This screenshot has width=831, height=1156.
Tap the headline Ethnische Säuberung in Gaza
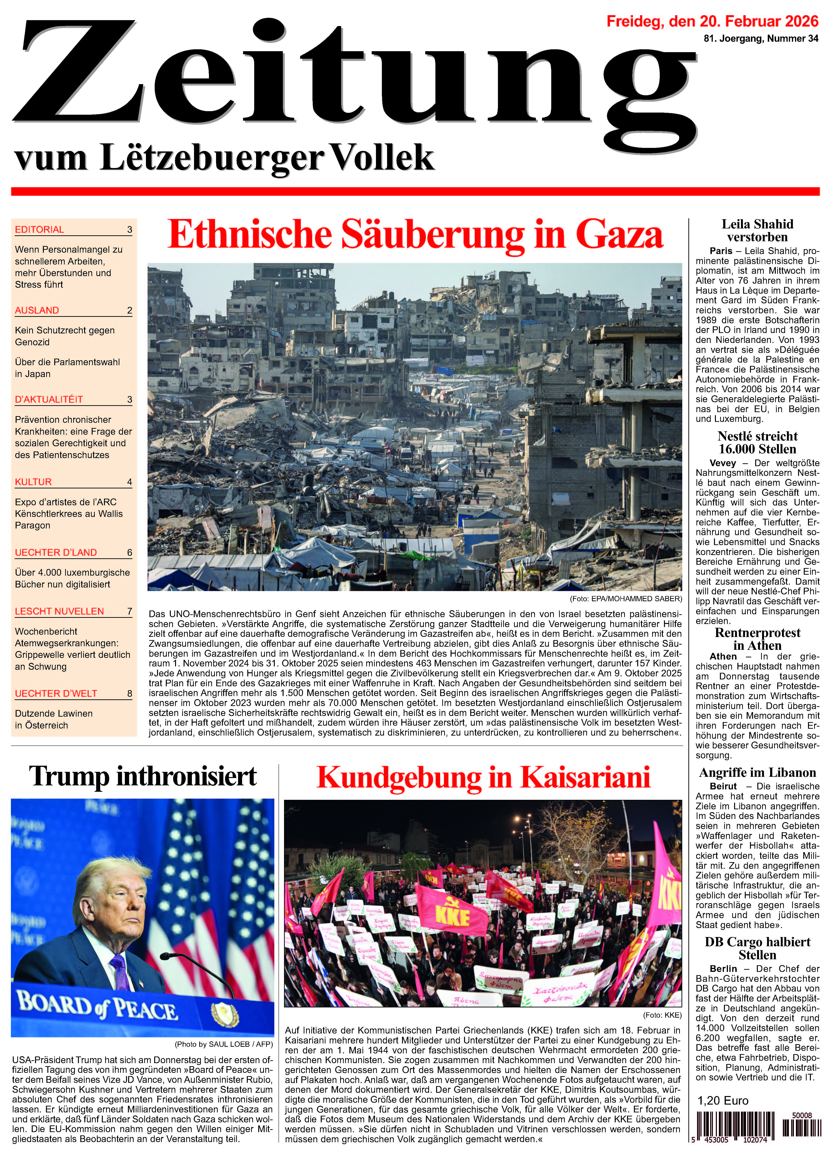pyautogui.click(x=415, y=234)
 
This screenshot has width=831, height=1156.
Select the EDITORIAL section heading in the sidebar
pyautogui.click(x=40, y=229)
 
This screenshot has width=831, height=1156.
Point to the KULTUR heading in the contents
pyautogui.click(x=34, y=482)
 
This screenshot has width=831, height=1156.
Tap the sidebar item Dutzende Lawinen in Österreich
pyautogui.click(x=54, y=719)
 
